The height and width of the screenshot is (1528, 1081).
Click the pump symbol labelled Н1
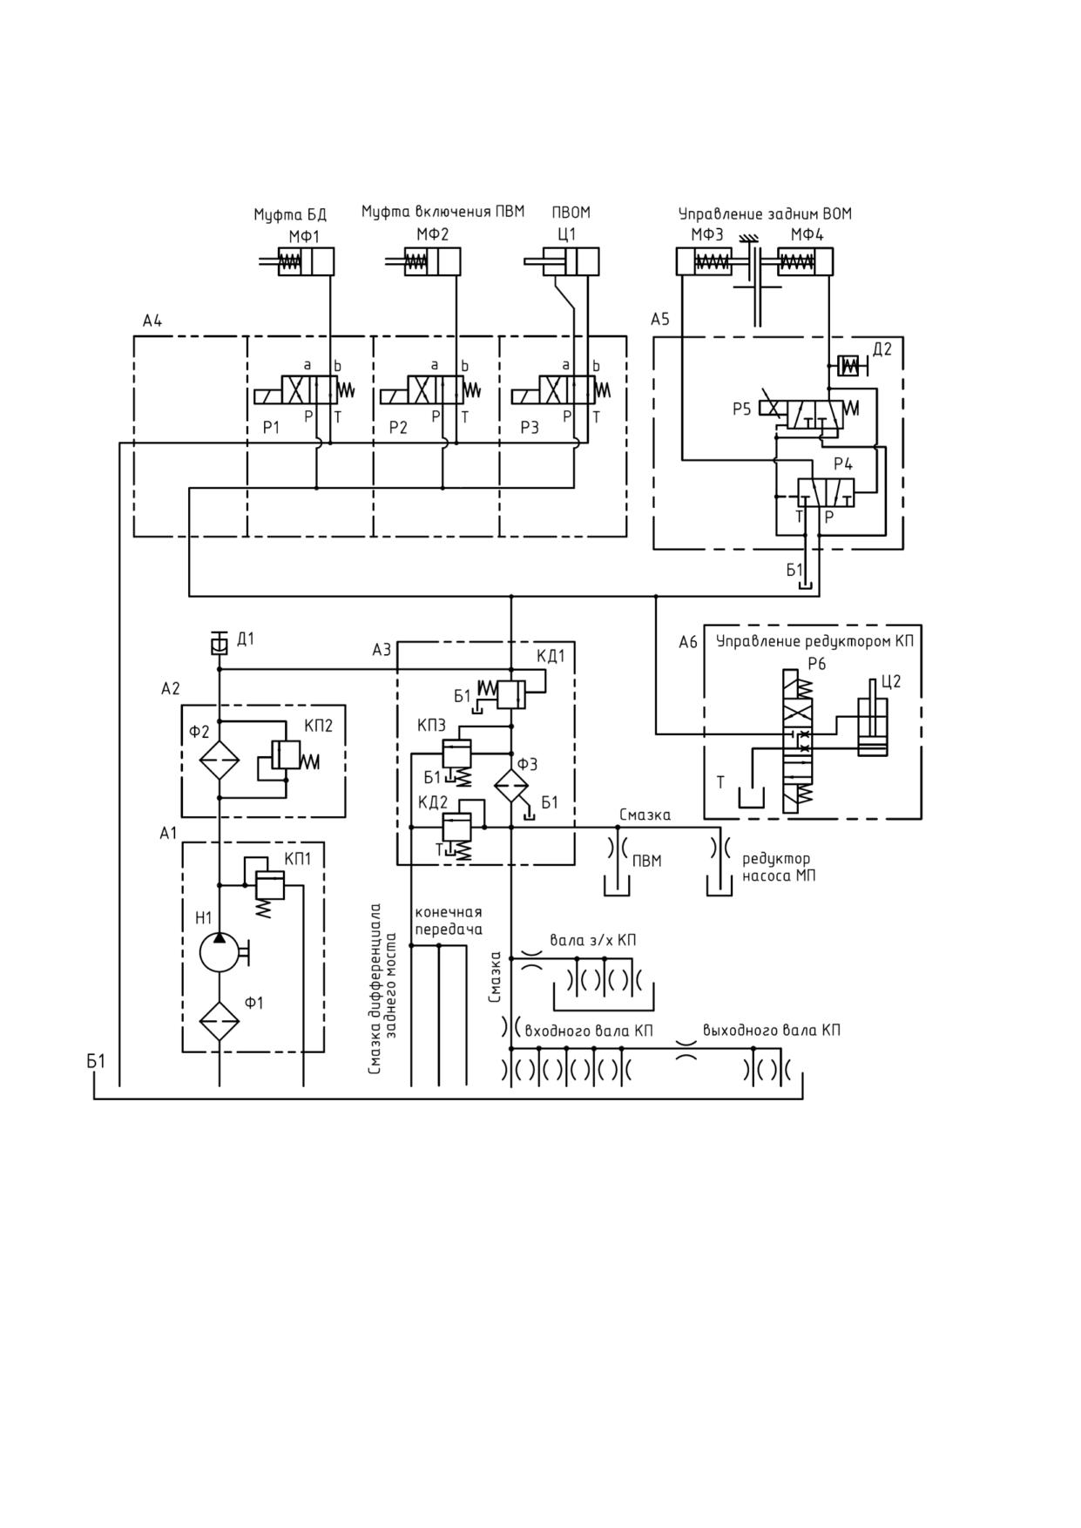(x=220, y=952)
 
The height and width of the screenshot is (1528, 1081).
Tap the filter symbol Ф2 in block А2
(x=220, y=760)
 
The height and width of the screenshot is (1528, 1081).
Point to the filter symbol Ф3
(x=511, y=785)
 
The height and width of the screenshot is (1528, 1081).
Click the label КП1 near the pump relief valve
(x=298, y=858)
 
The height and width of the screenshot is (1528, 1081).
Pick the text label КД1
(x=551, y=656)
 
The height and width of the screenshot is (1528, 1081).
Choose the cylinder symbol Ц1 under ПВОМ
(x=562, y=261)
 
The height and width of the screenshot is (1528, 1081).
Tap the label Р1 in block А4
(x=271, y=428)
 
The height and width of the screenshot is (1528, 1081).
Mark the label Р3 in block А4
(x=530, y=428)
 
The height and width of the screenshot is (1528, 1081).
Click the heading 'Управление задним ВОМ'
(x=765, y=213)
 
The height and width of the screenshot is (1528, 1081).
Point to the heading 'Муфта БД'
(x=290, y=214)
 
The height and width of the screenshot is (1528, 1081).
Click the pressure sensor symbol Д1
(x=220, y=643)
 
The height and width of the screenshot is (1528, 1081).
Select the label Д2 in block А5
(x=882, y=349)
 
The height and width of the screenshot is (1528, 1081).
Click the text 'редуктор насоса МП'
(x=779, y=868)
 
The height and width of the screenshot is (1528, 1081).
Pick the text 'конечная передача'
(x=449, y=921)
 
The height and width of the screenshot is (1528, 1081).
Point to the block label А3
(x=382, y=650)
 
